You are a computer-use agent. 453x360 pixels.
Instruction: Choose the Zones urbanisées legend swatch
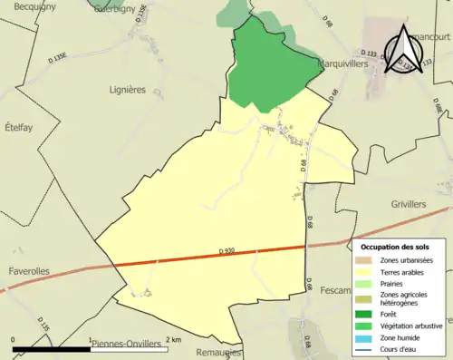point(366,260)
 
